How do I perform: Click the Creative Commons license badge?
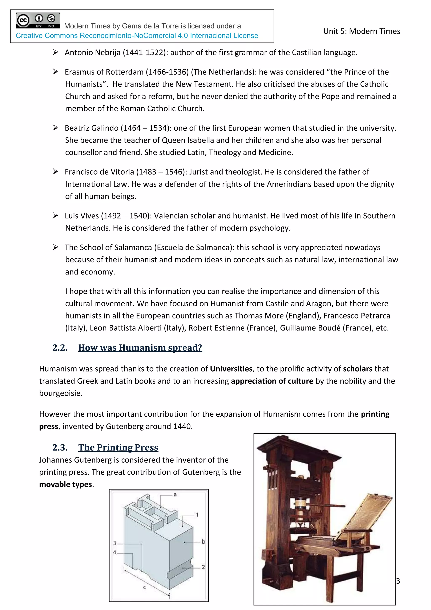(38, 20)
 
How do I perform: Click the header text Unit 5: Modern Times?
(362, 31)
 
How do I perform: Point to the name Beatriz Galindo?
(92, 128)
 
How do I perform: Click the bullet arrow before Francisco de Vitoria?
(56, 172)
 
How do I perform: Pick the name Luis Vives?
(82, 216)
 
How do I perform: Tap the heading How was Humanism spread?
(140, 348)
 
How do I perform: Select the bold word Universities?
(231, 369)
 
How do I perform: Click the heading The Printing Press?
(118, 447)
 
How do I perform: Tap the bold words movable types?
(65, 484)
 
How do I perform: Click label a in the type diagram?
(175, 495)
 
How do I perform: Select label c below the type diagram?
(145, 587)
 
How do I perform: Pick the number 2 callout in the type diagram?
(203, 567)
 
